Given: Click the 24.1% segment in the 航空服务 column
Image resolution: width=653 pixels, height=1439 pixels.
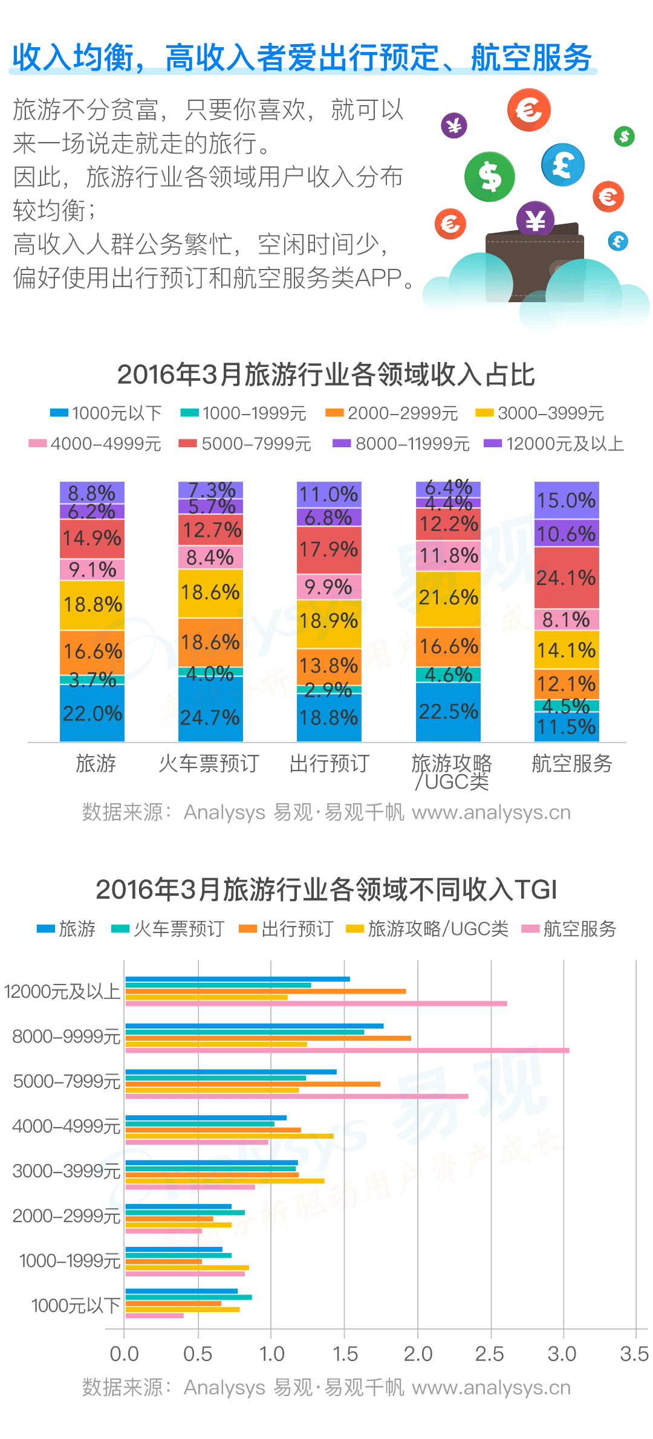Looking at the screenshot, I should pyautogui.click(x=566, y=578).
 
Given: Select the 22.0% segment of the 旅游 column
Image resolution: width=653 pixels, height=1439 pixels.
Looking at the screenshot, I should pyautogui.click(x=92, y=713).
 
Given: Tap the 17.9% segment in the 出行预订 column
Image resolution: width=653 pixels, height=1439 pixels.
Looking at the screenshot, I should pyautogui.click(x=329, y=550).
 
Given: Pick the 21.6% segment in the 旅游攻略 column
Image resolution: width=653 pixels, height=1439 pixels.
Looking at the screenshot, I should pyautogui.click(x=448, y=598).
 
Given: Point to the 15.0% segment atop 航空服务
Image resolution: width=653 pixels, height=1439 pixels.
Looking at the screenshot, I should pyautogui.click(x=566, y=500).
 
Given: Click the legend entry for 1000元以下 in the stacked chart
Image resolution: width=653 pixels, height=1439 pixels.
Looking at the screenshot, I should pyautogui.click(x=106, y=413).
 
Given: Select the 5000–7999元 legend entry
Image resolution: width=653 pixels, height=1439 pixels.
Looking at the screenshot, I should pyautogui.click(x=245, y=444).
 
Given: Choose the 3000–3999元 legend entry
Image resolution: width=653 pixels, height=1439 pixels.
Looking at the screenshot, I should pyautogui.click(x=540, y=413).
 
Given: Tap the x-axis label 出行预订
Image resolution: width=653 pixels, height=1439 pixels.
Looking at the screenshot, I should pyautogui.click(x=330, y=764).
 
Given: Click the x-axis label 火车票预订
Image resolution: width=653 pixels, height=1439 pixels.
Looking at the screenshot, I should pyautogui.click(x=209, y=764).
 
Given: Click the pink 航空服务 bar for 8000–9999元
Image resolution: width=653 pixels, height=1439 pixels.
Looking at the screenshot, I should pyautogui.click(x=347, y=1050).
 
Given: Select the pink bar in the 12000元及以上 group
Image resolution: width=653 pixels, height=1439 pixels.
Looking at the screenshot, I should pyautogui.click(x=316, y=1004).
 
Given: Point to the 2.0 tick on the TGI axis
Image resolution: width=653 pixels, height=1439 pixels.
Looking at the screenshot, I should pyautogui.click(x=418, y=1354).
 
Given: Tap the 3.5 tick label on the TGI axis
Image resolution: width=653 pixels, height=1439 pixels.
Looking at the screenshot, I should pyautogui.click(x=634, y=1354).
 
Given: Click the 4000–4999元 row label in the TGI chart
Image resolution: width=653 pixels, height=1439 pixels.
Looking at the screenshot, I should pyautogui.click(x=67, y=1127).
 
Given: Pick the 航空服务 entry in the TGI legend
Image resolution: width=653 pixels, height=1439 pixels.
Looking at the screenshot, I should pyautogui.click(x=570, y=929).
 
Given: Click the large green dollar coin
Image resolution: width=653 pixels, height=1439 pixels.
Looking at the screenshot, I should pyautogui.click(x=490, y=176).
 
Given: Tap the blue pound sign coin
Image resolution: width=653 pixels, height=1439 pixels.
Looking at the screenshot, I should pyautogui.click(x=563, y=164).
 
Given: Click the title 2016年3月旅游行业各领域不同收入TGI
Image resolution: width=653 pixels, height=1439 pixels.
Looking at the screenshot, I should pyautogui.click(x=326, y=890).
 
